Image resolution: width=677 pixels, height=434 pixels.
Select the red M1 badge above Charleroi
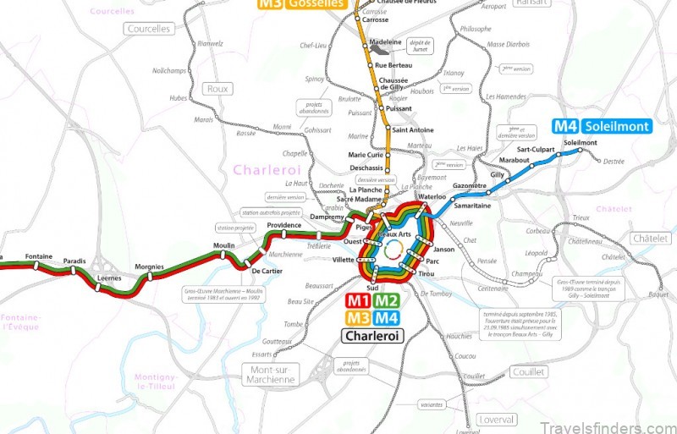tap(358, 300)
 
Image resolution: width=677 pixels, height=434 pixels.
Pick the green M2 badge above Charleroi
tap(387, 300)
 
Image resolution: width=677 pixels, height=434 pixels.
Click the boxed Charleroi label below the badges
tap(372, 336)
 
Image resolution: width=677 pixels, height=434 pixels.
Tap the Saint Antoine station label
tap(413, 129)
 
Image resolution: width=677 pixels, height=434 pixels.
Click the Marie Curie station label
tap(366, 155)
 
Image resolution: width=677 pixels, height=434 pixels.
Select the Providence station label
tap(284, 225)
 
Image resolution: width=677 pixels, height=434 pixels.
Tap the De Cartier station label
tap(267, 271)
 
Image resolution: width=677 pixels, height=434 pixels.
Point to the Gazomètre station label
tap(470, 185)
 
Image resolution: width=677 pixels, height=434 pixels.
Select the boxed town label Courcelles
tap(148, 29)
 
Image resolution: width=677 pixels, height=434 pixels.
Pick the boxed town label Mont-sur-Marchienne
tap(270, 374)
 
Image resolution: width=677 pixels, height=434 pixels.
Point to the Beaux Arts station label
tap(394, 233)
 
